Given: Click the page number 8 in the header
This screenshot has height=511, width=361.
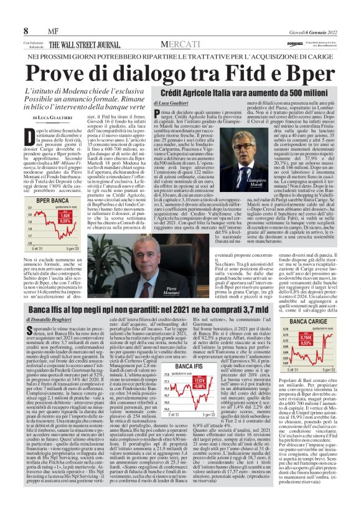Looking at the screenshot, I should click(x=9, y=31).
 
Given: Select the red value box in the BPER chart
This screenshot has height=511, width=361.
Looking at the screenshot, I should click(x=65, y=220).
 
